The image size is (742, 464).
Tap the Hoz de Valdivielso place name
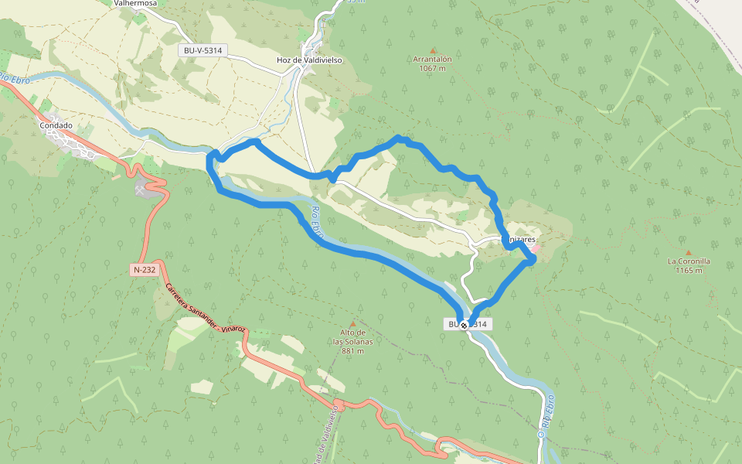point(309,60)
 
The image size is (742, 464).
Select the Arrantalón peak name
point(432,59)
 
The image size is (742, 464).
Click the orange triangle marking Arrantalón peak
point(432,49)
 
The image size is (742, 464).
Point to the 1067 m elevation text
point(432,68)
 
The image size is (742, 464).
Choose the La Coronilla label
point(689,261)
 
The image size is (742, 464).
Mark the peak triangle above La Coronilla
point(689,252)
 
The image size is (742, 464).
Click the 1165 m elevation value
point(689,271)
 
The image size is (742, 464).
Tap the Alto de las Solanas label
point(353,337)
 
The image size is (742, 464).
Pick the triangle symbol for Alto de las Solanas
point(353,324)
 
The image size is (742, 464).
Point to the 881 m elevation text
point(353,350)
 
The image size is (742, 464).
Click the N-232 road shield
point(143,270)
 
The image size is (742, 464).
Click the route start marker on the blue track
point(464,326)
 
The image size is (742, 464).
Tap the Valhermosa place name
point(135,3)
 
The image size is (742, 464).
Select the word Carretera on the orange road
point(177,297)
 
